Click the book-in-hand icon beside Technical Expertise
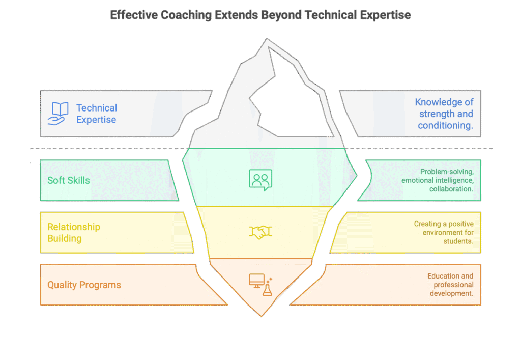click(x=57, y=113)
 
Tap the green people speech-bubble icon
click(x=260, y=180)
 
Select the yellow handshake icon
click(x=260, y=232)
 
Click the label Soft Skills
click(x=69, y=180)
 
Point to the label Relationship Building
click(x=73, y=233)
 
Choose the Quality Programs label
click(x=84, y=285)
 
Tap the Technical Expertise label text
click(x=97, y=114)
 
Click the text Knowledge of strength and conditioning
click(x=444, y=114)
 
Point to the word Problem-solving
click(x=447, y=172)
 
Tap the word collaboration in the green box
click(x=451, y=189)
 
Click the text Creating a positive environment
click(x=444, y=228)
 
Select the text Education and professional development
click(x=450, y=285)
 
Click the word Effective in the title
click(x=133, y=15)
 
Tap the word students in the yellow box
click(x=458, y=241)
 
